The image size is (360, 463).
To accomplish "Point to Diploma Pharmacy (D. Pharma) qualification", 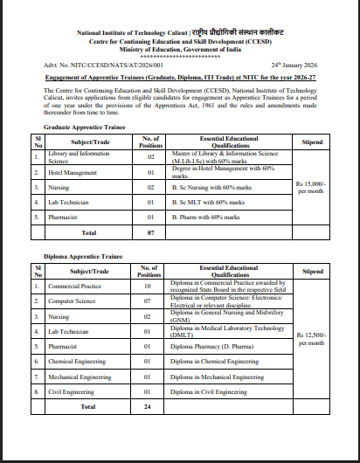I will coord(214,346).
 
